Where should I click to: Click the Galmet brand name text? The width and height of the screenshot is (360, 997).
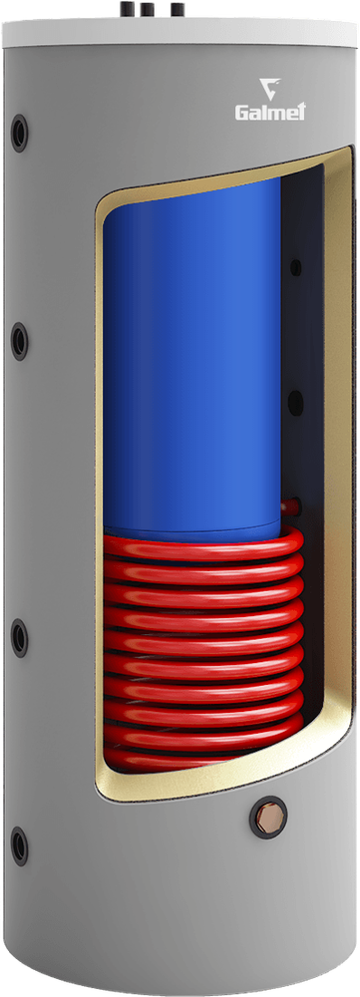pyautogui.click(x=270, y=112)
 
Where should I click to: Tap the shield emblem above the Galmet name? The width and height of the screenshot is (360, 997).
pyautogui.click(x=269, y=88)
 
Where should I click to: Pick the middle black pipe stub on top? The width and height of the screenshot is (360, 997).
pyautogui.click(x=149, y=10)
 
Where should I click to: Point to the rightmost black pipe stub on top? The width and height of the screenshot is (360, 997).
pyautogui.click(x=178, y=10)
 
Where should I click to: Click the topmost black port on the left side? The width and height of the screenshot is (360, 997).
pyautogui.click(x=19, y=133)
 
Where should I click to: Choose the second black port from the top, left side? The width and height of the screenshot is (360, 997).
pyautogui.click(x=19, y=341)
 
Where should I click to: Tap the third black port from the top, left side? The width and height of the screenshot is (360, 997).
pyautogui.click(x=19, y=638)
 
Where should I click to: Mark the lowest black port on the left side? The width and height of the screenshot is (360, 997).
pyautogui.click(x=19, y=846)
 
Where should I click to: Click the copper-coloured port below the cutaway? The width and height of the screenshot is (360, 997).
pyautogui.click(x=268, y=817)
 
